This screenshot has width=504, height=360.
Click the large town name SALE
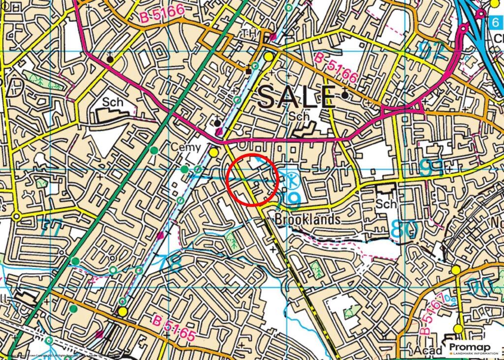pos(297,97)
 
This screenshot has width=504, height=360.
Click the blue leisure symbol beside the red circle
pos(292,180)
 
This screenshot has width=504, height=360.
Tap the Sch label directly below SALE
pos(300,117)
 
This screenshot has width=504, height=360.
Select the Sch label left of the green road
pos(112,101)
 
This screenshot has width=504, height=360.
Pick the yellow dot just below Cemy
pos(213,153)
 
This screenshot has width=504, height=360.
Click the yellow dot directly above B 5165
pos(122,311)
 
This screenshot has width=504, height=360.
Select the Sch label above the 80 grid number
pos(383,203)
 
